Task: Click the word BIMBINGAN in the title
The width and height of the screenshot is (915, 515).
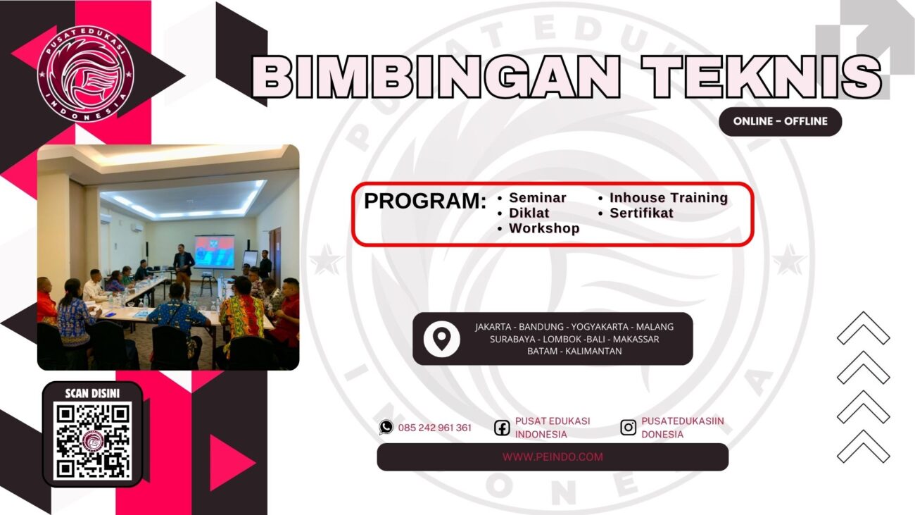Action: click(436, 76)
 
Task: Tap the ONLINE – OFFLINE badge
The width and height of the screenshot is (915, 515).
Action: click(780, 121)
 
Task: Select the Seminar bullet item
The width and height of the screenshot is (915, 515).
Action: click(537, 198)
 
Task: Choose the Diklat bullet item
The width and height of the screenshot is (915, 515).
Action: click(529, 213)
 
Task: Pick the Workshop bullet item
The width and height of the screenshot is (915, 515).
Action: click(544, 228)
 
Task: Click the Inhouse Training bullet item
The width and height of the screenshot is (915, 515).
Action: click(668, 198)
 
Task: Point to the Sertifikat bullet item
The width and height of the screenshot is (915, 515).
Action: click(641, 213)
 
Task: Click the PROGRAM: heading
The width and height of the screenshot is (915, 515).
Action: click(425, 201)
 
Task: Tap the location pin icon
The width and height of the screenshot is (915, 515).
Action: click(441, 339)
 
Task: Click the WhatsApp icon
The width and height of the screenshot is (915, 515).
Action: click(386, 427)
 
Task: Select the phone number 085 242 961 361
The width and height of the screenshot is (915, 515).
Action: click(434, 428)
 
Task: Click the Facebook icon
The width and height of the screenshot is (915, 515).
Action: click(502, 428)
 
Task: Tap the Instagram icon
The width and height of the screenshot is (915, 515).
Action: click(628, 427)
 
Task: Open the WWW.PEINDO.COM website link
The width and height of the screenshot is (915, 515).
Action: click(553, 457)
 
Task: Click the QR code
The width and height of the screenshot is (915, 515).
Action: click(92, 441)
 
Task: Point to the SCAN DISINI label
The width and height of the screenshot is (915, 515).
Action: click(92, 393)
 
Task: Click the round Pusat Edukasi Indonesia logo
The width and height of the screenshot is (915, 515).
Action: click(85, 73)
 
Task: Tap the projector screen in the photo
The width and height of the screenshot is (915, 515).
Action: click(214, 252)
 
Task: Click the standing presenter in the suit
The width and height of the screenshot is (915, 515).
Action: click(183, 268)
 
